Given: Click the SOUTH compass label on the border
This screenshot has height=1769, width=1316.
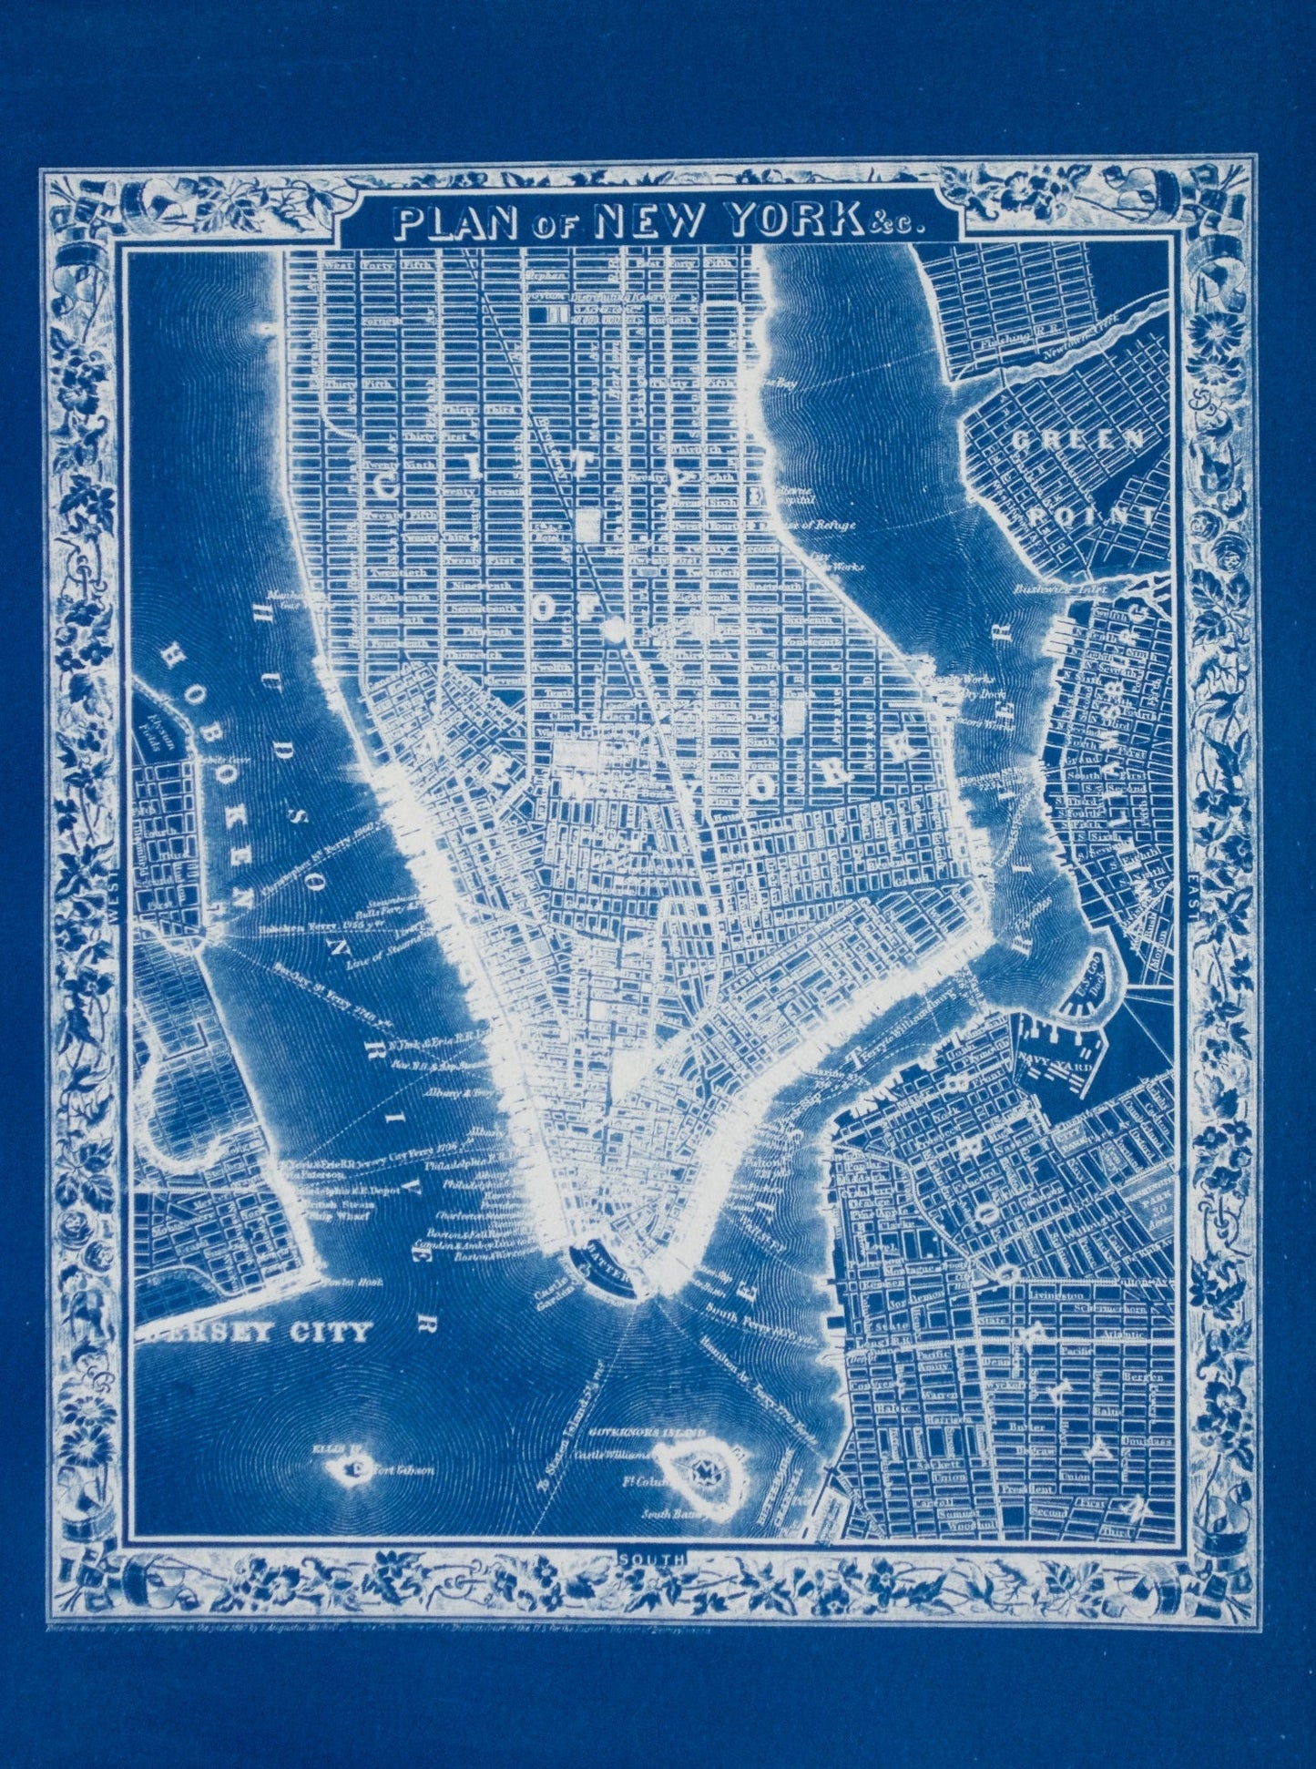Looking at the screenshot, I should (652, 1559).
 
